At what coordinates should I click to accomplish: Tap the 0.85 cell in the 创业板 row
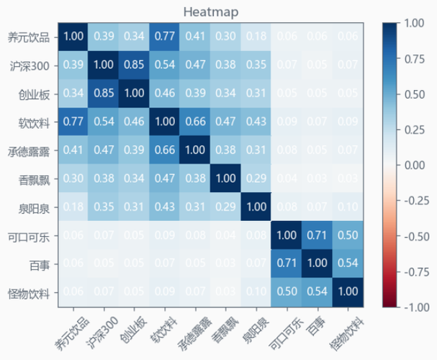point(104,93)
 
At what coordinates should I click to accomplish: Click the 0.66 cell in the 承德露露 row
point(164,150)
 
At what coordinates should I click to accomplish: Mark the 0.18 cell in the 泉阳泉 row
point(73,207)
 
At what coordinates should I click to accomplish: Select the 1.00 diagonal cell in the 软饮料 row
point(164,121)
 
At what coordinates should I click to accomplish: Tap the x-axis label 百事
point(314,320)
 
